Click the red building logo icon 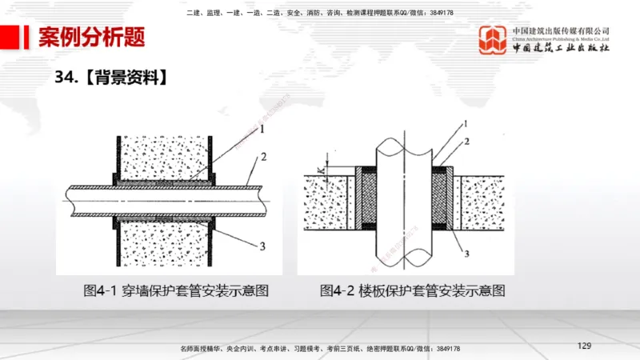[x=493, y=40]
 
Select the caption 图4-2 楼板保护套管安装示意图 [x=413, y=291]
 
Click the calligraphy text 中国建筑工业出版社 [x=561, y=48]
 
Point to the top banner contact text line [x=319, y=13]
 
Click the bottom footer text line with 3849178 [x=319, y=349]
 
